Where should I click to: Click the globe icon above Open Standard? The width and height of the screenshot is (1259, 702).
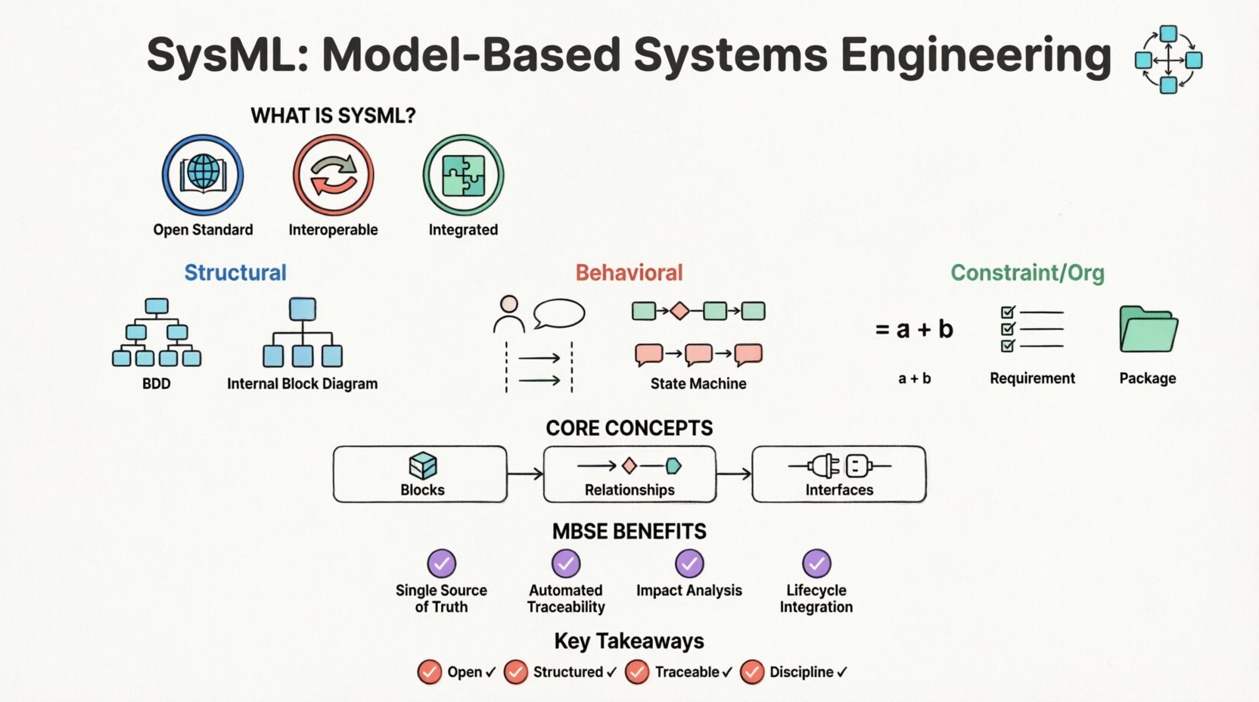[x=203, y=175]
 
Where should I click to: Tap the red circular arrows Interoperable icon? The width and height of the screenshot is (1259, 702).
[x=333, y=175]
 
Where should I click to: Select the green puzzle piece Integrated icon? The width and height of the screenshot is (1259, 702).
[x=463, y=175]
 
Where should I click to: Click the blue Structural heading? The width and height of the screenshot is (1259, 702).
[x=235, y=272]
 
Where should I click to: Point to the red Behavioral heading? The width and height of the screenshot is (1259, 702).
[x=629, y=272]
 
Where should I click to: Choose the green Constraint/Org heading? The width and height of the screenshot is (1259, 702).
[x=1027, y=272]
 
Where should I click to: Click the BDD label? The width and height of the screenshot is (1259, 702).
[x=157, y=384]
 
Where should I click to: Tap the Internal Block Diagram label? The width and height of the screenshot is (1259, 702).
[x=302, y=384]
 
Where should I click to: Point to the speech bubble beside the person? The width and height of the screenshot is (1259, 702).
[x=559, y=313]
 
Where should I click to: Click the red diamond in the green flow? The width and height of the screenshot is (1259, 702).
[x=679, y=311]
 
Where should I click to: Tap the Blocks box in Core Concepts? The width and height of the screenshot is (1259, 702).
[x=420, y=474]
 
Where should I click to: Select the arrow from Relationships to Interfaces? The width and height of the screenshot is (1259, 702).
[x=733, y=474]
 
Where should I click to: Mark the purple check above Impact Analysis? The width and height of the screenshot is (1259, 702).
[x=689, y=564]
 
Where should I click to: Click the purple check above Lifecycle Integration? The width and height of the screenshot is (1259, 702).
[x=816, y=564]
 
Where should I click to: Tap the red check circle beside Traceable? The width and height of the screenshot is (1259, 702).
[x=637, y=672]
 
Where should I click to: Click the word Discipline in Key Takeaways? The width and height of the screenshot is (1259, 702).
[x=801, y=672]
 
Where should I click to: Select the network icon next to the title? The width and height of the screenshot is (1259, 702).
[x=1168, y=59]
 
